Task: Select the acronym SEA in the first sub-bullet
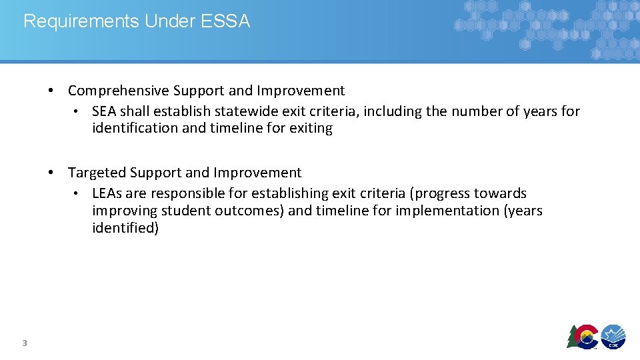[x=104, y=111]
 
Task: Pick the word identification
[x=135, y=128]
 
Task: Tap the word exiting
[x=311, y=128]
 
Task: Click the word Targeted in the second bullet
[x=97, y=173]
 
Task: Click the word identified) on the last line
[x=125, y=228]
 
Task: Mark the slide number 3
[x=24, y=343]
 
